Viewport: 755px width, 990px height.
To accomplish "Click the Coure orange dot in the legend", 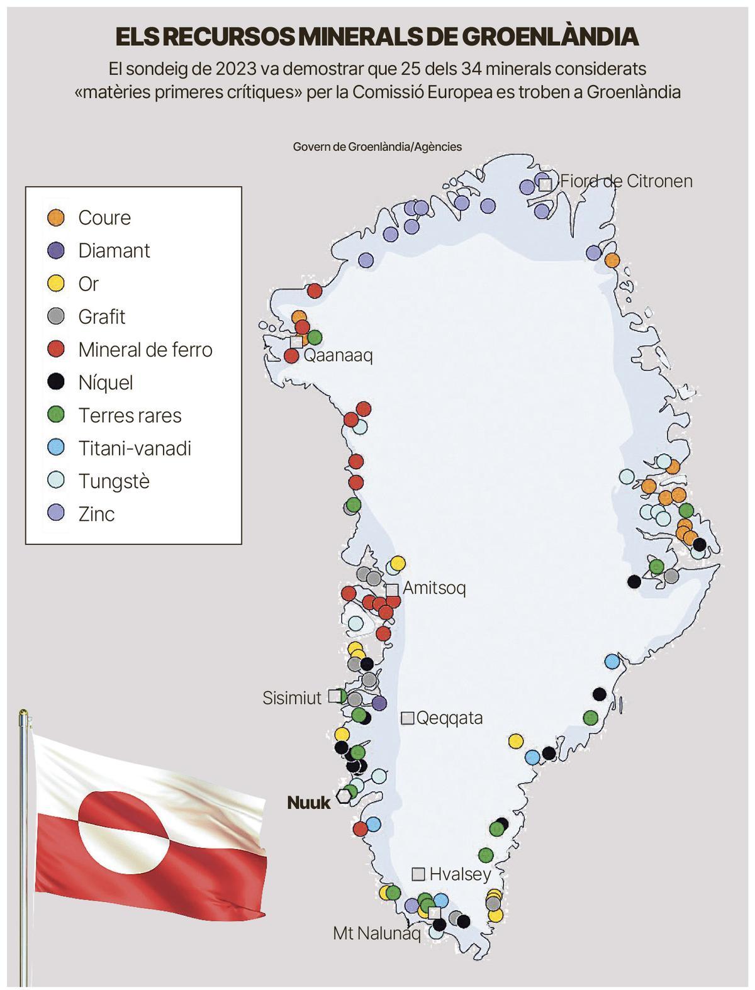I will (57, 218).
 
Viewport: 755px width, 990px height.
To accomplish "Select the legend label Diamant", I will (114, 250).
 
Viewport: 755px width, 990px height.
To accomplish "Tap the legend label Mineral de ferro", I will (145, 350).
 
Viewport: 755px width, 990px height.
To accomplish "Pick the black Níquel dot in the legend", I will (57, 382).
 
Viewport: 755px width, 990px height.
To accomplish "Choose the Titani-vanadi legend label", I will (135, 448).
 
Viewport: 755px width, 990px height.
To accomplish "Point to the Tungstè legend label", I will (114, 481).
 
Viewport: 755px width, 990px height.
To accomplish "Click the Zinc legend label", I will (96, 514).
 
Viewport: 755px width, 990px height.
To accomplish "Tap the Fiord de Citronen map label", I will (626, 181).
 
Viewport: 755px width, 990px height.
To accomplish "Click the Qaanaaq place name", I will (338, 355).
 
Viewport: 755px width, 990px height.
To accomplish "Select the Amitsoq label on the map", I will (434, 588).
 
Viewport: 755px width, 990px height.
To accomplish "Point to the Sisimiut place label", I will (292, 698).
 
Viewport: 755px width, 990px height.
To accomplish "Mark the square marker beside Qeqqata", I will (408, 718).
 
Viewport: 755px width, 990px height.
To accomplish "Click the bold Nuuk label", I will (308, 803).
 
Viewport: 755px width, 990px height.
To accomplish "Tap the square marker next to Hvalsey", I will (418, 874).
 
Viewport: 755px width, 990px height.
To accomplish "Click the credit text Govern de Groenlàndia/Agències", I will (377, 147).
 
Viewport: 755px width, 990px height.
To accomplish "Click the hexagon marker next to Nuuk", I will (344, 796).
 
